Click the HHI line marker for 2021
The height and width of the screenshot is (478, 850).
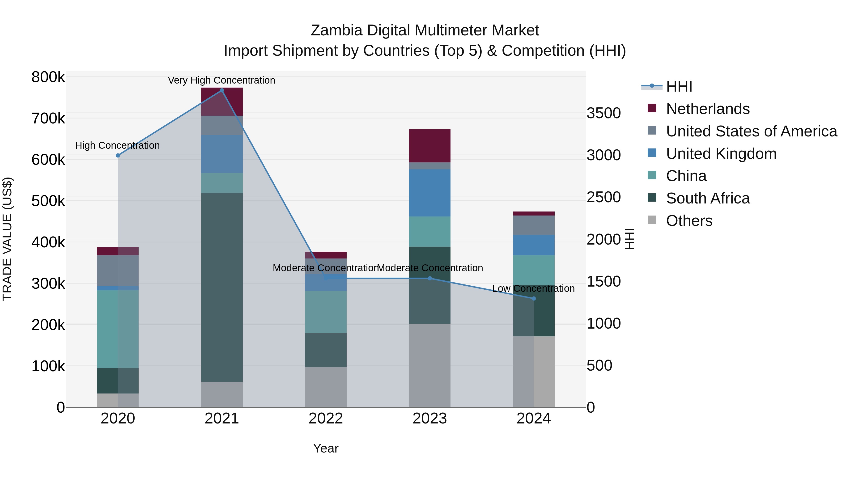(222, 90)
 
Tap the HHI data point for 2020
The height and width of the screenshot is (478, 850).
(118, 155)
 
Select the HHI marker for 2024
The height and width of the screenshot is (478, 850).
(534, 299)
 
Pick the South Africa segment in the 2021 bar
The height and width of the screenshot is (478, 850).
(222, 287)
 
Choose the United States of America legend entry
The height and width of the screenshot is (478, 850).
(751, 131)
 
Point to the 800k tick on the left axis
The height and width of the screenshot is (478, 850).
(48, 77)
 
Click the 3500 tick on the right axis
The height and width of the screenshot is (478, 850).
(603, 113)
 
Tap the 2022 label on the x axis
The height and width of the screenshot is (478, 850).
(326, 419)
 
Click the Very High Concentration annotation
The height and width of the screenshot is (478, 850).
(221, 80)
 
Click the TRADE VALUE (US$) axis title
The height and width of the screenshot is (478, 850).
(7, 239)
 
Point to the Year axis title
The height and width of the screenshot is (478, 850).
(326, 448)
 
